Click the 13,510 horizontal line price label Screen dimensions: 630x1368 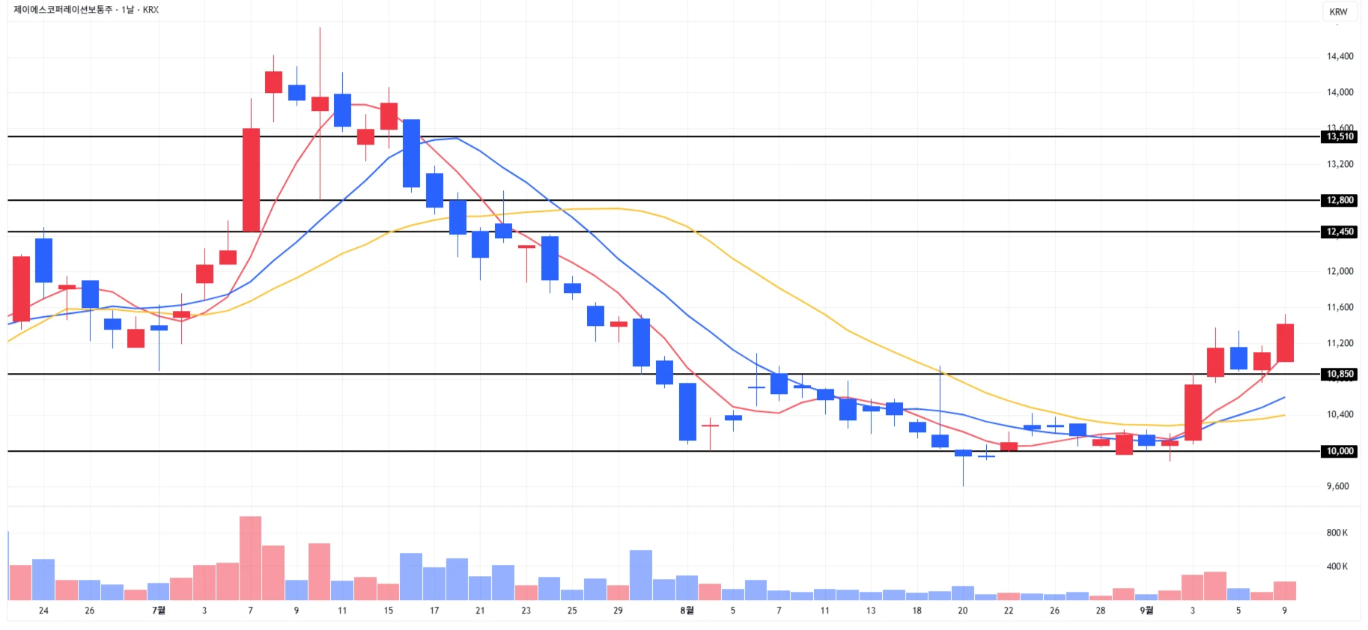tap(1340, 136)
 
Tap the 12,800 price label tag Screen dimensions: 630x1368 tap(1340, 200)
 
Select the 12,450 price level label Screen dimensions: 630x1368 tap(1340, 231)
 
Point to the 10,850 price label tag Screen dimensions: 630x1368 tap(1340, 374)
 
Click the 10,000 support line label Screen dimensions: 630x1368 tap(1340, 451)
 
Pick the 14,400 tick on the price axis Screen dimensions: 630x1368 tap(1340, 56)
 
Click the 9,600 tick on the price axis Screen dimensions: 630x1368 tap(1337, 486)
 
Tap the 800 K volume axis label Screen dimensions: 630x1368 tap(1337, 533)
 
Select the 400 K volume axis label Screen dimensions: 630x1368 tap(1337, 566)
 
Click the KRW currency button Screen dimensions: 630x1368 tap(1338, 11)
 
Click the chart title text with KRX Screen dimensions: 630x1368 tap(86, 10)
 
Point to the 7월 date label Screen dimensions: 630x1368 tap(159, 611)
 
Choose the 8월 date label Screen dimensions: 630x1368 tap(687, 611)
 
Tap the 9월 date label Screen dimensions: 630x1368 tap(1146, 611)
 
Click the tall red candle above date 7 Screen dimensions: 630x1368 tap(251, 180)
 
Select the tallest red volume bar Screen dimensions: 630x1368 tap(251, 558)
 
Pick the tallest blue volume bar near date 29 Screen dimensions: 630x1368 tap(641, 575)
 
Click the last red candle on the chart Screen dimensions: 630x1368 tap(1285, 342)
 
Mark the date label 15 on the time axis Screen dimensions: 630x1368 tap(388, 611)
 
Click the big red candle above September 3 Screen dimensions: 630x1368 tap(1193, 412)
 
